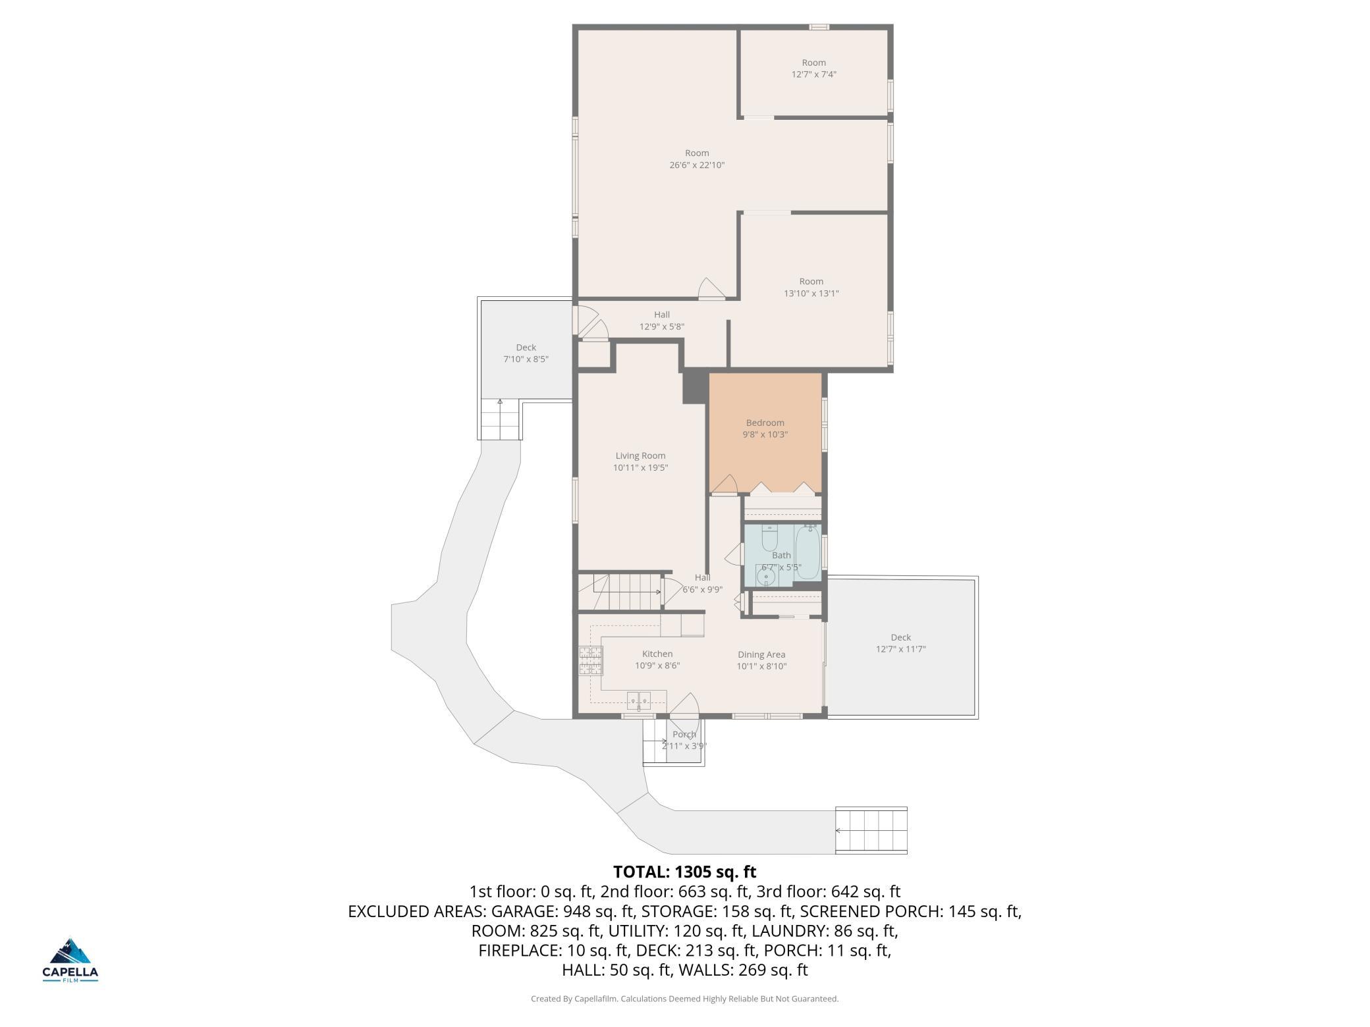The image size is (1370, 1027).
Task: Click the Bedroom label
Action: pos(765,423)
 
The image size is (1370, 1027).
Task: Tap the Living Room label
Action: pos(640,456)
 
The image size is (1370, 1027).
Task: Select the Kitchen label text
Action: pos(657,654)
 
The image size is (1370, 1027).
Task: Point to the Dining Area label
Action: pos(761,654)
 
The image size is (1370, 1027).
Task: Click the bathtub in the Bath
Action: pos(808,552)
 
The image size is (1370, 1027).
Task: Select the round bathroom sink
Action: pos(766,577)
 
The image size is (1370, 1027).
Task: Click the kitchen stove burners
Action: pos(591,661)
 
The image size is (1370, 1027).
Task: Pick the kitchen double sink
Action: pos(638,701)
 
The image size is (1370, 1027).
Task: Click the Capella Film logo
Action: pos(70,960)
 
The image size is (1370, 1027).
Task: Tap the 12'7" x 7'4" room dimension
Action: pos(814,74)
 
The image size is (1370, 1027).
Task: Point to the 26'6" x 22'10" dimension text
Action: pos(697,165)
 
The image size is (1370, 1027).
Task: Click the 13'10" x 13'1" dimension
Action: pos(811,294)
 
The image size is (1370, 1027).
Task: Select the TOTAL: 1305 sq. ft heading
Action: pos(685,872)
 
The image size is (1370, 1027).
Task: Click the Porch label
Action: pos(684,735)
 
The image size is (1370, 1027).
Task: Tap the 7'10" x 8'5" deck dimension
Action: pos(526,359)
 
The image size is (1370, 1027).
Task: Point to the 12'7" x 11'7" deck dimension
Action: pos(901,649)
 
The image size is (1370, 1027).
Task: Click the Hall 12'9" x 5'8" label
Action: pos(662,321)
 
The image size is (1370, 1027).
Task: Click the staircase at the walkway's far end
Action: pos(871,830)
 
